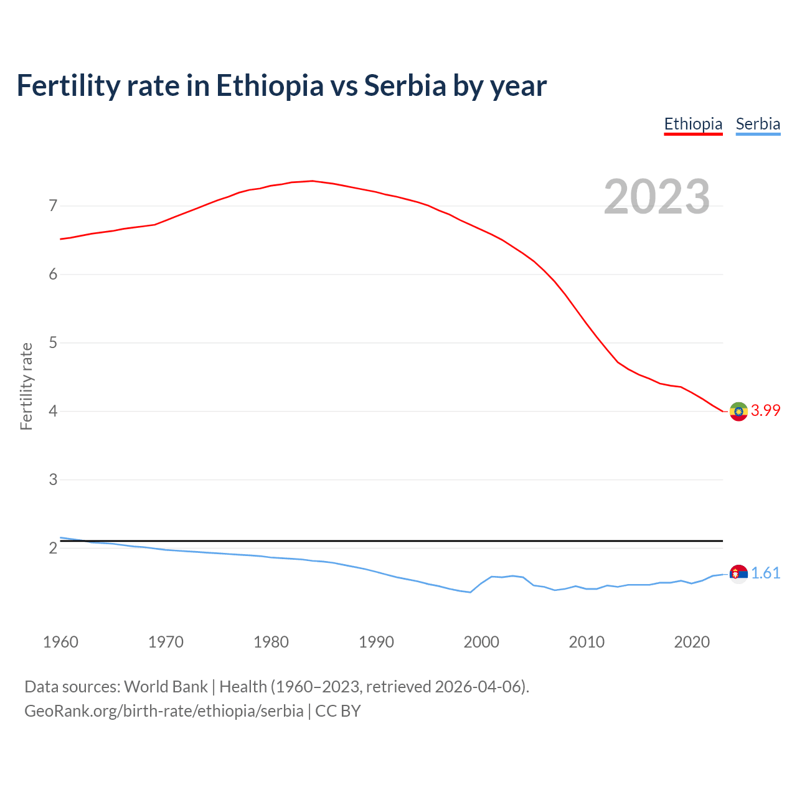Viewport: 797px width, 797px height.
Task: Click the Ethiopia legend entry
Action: (x=693, y=124)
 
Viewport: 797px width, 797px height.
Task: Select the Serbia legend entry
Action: (x=758, y=124)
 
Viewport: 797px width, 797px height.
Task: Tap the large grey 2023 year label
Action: (x=657, y=197)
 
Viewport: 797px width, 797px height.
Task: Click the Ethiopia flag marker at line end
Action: (x=738, y=411)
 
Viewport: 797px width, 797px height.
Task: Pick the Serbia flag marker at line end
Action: (x=738, y=573)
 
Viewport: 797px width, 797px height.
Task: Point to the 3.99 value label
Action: (x=765, y=410)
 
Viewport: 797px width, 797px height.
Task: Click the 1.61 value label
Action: (x=765, y=573)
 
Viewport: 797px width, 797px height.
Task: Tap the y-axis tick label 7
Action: (x=53, y=205)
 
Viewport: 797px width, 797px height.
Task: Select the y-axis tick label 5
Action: (x=53, y=342)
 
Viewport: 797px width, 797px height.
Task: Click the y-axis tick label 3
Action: (x=53, y=479)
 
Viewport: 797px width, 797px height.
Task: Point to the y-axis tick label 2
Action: (x=53, y=548)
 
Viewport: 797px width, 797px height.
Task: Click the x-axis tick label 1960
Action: (x=60, y=642)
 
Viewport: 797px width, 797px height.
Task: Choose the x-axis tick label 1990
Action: (x=376, y=642)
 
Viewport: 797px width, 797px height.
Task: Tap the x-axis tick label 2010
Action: (x=587, y=642)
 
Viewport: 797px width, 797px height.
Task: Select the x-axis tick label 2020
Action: (x=692, y=642)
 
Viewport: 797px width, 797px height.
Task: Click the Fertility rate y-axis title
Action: (x=26, y=386)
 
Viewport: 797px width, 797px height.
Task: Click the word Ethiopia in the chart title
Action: (x=270, y=85)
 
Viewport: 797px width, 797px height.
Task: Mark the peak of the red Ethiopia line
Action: (x=312, y=181)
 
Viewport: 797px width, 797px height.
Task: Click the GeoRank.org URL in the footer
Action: (x=164, y=710)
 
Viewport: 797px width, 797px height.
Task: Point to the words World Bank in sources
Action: (x=166, y=686)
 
